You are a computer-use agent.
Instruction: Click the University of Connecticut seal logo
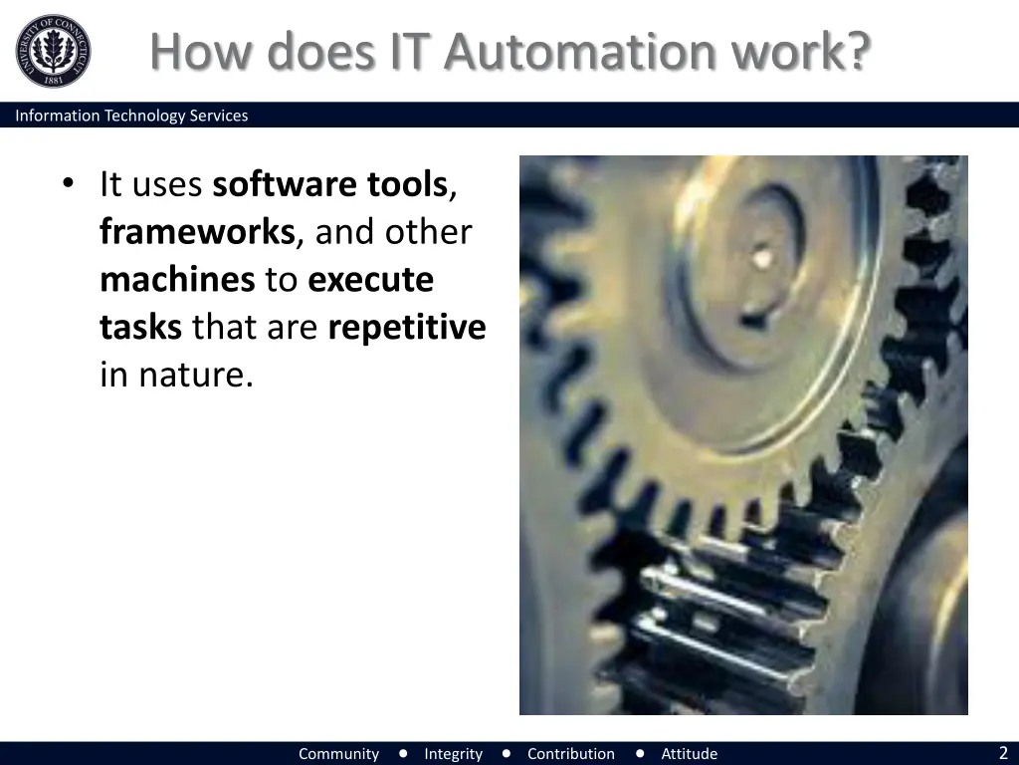click(53, 51)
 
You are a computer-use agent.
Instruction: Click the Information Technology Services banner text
click(131, 116)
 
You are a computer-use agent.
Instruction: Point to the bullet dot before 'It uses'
click(68, 183)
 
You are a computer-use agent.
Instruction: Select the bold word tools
click(407, 184)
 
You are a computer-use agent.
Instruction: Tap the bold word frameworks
click(197, 232)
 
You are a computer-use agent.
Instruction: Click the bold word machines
click(177, 280)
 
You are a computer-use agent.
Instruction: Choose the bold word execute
click(370, 280)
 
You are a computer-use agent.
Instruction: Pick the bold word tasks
click(140, 328)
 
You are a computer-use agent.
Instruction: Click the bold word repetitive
click(406, 328)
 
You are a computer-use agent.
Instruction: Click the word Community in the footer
click(338, 754)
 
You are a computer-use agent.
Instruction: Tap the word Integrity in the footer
click(453, 754)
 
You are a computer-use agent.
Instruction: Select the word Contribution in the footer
click(570, 754)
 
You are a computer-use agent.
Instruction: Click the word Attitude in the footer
click(689, 754)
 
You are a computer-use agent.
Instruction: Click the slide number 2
click(1003, 753)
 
